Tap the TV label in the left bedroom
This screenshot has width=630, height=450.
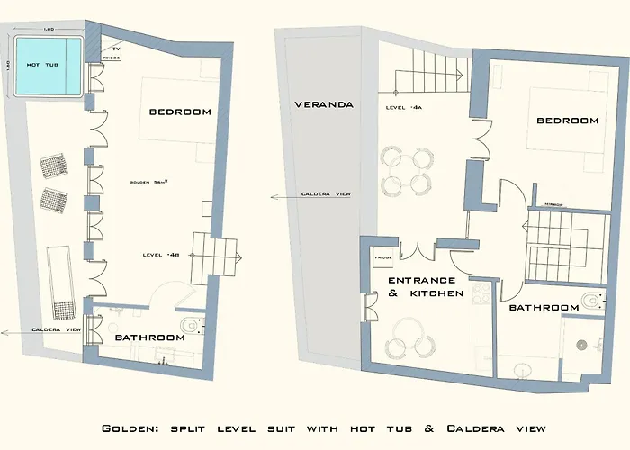[x=116, y=48]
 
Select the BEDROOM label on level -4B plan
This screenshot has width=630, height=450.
[x=180, y=112]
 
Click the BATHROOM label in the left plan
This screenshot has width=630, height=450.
[x=149, y=337]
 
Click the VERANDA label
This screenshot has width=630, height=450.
[x=324, y=104]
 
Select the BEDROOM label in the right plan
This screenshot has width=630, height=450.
[x=568, y=121]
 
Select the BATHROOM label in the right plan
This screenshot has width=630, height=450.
[x=544, y=308]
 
